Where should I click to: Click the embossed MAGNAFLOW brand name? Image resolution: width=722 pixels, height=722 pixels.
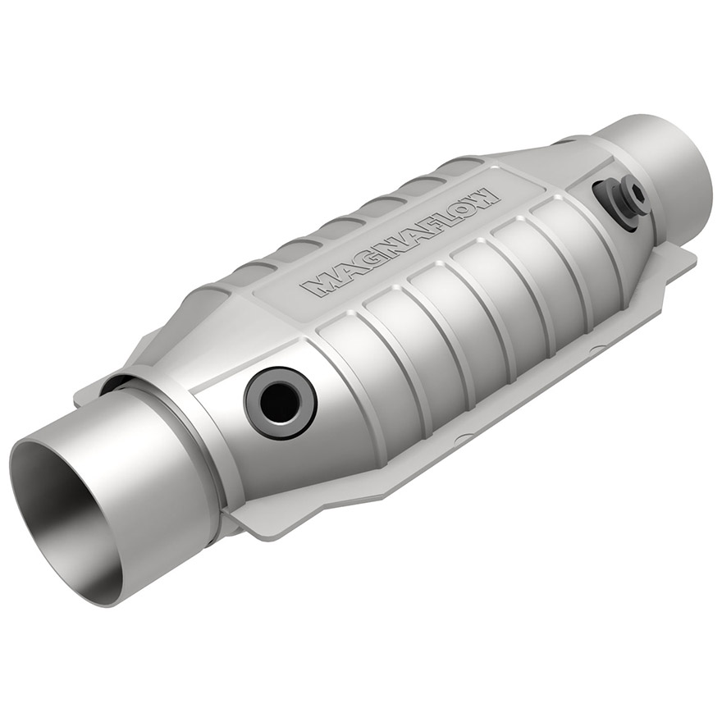point(400,243)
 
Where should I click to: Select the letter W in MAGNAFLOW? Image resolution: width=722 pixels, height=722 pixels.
point(484,198)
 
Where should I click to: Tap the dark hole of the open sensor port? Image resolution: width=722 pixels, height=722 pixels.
point(280,403)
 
